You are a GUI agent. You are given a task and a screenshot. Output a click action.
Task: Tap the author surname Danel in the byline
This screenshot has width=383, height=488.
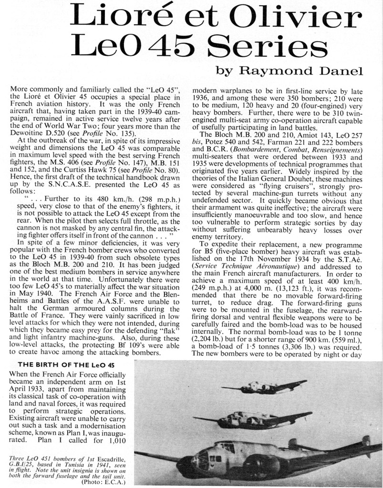point(339,71)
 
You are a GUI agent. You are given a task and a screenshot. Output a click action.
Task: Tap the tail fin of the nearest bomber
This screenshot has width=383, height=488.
point(366,441)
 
